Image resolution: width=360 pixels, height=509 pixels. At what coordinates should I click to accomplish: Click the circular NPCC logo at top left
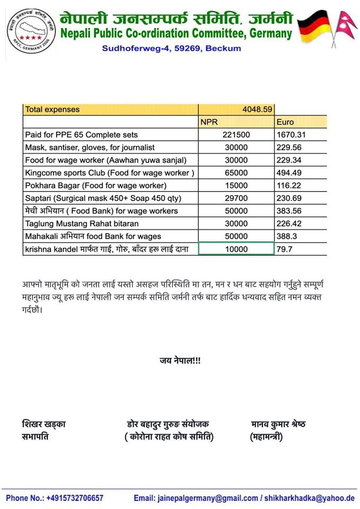pos(31,31)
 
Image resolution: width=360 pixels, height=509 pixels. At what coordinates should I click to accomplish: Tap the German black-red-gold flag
pos(312,28)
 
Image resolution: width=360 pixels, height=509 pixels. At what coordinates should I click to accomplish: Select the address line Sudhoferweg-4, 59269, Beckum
pos(171,48)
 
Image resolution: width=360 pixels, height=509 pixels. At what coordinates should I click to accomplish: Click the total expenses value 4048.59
pos(257,109)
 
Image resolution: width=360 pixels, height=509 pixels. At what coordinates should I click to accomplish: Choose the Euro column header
pos(285,122)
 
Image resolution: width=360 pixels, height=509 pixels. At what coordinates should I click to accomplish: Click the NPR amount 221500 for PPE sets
pos(236,135)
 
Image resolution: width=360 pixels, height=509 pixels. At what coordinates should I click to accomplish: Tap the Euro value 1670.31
pos(291,135)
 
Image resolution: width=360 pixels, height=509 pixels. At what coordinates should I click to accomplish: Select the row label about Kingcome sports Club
pos(110,173)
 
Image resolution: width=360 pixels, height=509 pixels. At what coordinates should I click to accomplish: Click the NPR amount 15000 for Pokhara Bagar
pos(236,186)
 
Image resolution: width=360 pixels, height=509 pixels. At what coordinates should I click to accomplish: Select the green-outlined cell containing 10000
pos(236,249)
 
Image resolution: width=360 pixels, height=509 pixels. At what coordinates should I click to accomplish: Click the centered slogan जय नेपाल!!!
pos(180,361)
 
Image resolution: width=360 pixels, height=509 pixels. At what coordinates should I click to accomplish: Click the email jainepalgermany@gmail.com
pos(205,498)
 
